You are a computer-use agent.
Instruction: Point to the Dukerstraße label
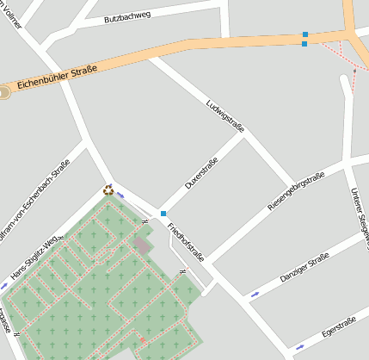click(x=200, y=174)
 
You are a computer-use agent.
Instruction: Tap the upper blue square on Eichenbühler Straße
click(x=304, y=35)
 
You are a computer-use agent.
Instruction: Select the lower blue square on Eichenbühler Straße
click(x=304, y=44)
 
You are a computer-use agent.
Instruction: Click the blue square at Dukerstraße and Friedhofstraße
click(x=163, y=214)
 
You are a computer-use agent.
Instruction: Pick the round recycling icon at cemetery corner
click(x=108, y=189)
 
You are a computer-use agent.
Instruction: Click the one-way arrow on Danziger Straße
click(x=255, y=295)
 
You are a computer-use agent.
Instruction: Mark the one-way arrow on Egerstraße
click(x=299, y=348)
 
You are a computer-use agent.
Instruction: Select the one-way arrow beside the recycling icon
click(x=120, y=196)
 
